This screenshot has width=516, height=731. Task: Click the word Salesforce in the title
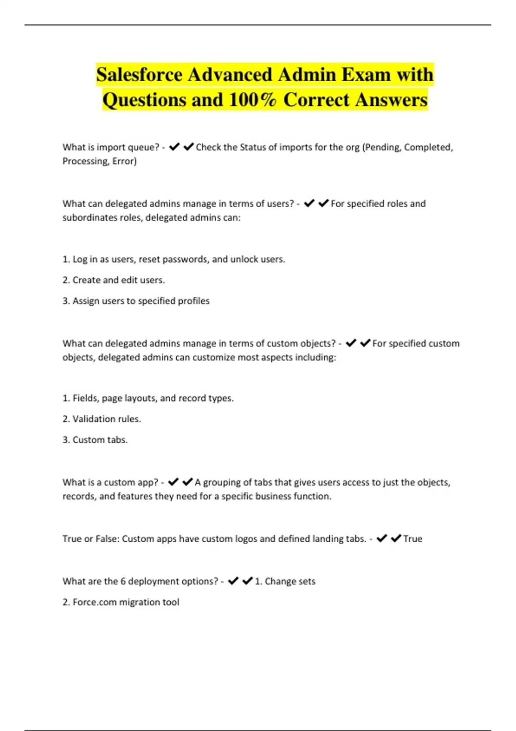tap(140, 75)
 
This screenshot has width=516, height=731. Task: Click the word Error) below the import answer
tap(125, 161)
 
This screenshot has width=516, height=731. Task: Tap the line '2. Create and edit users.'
tap(114, 280)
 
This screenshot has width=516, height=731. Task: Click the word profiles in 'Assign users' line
tap(193, 301)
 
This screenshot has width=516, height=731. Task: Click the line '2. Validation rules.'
tap(102, 419)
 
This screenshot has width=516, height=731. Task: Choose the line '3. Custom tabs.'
tap(95, 440)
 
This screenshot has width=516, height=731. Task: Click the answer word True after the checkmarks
tap(413, 539)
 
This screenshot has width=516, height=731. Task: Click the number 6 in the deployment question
tap(123, 581)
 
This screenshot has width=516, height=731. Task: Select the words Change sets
tap(290, 581)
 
